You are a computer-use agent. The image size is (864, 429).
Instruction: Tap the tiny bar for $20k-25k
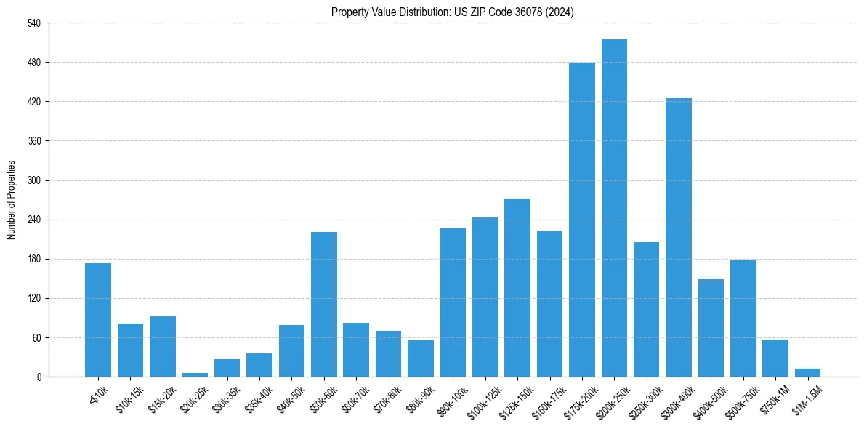tap(195, 374)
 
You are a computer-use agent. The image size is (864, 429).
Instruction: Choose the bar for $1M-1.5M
tap(807, 373)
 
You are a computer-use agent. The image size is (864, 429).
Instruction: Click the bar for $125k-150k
tap(517, 287)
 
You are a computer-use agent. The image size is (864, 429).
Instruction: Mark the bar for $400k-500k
tap(711, 328)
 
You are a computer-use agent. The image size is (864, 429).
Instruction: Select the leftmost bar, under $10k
tap(98, 320)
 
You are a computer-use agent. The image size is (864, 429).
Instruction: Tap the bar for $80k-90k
tap(421, 358)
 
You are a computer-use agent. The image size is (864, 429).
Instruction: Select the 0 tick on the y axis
tap(39, 377)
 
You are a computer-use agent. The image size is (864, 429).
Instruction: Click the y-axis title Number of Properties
tap(11, 200)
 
